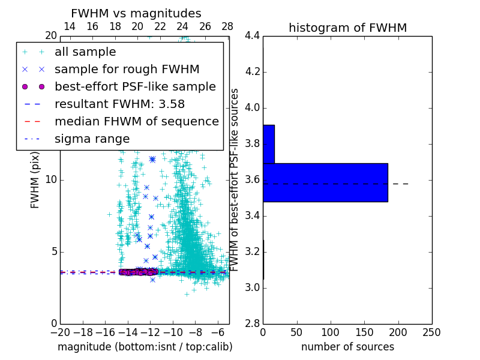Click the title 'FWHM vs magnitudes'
(x=136, y=13)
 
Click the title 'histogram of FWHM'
(x=347, y=28)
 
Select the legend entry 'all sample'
(x=85, y=52)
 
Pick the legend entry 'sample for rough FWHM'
(x=127, y=69)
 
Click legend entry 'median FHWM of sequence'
(x=136, y=121)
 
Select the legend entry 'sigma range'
(x=92, y=139)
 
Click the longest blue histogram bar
(x=325, y=182)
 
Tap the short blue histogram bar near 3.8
(x=269, y=144)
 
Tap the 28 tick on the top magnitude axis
(x=227, y=26)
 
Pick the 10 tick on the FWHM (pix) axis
(x=50, y=179)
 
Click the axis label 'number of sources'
(x=347, y=347)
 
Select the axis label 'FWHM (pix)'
(x=35, y=180)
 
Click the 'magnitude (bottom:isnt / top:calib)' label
(x=145, y=347)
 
